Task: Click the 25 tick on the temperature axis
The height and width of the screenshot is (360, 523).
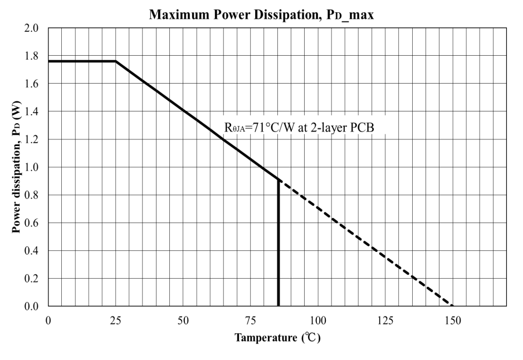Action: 116,321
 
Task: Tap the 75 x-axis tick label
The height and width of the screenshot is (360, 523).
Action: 251,321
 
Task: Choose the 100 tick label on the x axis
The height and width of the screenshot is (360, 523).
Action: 318,321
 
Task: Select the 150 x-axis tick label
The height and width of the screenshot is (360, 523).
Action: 453,321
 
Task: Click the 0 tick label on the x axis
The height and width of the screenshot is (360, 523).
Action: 48,321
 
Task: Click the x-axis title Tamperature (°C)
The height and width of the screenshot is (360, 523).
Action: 277,338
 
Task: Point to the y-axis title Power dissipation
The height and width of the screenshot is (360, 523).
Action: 17,167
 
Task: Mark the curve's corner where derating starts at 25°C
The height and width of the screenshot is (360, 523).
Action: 116,61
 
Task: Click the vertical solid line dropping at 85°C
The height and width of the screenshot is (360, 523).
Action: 278,245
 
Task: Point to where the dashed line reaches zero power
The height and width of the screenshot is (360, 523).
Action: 453,306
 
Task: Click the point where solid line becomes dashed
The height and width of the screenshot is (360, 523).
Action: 278,179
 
